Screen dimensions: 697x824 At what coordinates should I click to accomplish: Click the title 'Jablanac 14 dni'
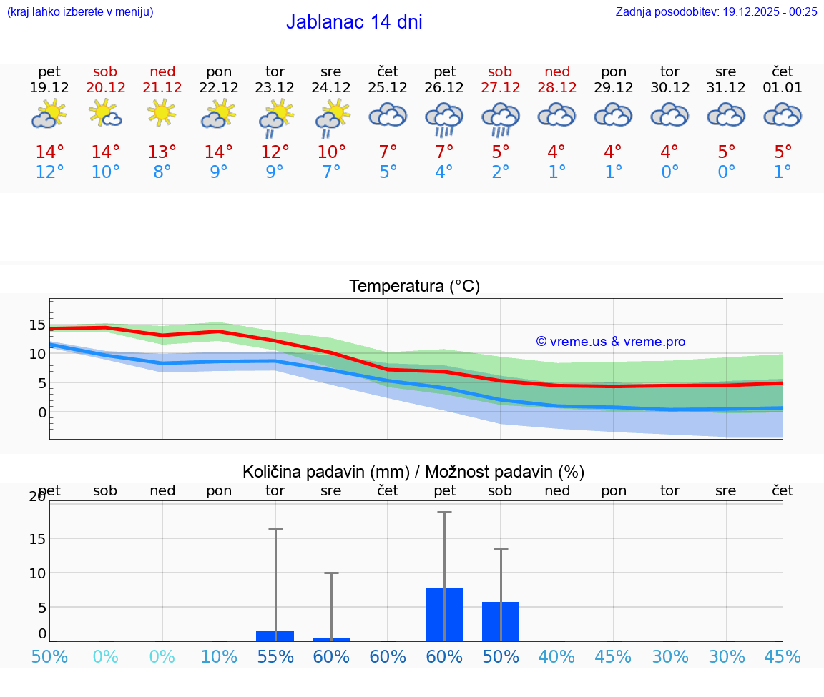(354, 22)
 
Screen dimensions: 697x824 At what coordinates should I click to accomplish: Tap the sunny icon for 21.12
(162, 114)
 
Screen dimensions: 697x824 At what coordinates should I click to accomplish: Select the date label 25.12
(388, 88)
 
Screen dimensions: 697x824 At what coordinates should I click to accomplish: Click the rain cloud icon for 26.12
(444, 118)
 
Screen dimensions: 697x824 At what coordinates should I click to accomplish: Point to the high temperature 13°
(162, 152)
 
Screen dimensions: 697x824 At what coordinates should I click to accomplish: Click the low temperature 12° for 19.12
(49, 172)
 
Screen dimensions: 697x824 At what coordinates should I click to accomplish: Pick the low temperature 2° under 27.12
(501, 172)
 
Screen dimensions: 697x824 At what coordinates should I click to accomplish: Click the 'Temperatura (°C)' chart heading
(415, 286)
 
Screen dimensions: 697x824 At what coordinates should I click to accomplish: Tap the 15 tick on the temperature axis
(37, 325)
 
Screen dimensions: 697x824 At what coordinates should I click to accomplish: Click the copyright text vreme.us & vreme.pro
(611, 342)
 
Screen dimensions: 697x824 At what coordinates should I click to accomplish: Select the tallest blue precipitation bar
(444, 614)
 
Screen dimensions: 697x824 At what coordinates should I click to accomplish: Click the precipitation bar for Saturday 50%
(501, 621)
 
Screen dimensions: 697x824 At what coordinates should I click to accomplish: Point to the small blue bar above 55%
(275, 636)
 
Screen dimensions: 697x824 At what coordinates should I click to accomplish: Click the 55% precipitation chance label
(275, 656)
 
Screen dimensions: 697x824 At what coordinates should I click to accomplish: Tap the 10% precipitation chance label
(219, 656)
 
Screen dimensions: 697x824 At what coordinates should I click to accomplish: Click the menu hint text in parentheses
(80, 11)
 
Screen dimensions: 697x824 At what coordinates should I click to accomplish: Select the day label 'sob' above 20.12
(105, 71)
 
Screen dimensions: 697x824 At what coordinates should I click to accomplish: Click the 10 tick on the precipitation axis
(37, 573)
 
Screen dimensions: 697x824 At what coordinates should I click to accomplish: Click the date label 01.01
(783, 88)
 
